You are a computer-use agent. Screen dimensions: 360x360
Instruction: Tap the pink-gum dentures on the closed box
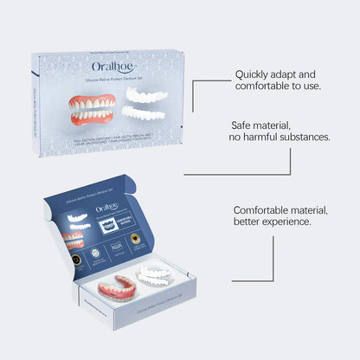pos(93,109)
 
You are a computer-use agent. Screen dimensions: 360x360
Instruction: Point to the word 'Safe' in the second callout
pos(243,124)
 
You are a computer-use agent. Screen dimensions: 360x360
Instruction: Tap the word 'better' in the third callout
pos(248,222)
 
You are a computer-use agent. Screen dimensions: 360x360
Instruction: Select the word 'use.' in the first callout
pos(310,86)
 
